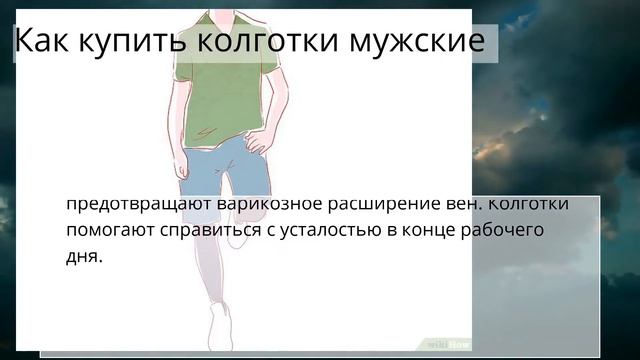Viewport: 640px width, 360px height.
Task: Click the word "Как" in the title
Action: [43, 42]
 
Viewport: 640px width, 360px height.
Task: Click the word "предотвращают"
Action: [130, 204]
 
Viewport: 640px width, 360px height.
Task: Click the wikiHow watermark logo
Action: [448, 343]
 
